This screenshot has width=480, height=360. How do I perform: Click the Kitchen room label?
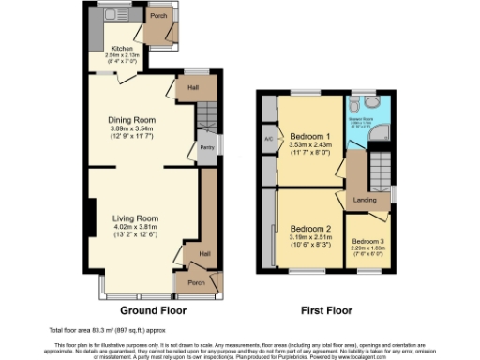click(x=122, y=48)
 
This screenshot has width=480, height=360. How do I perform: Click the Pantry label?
click(x=207, y=148)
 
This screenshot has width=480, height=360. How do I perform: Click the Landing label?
click(x=365, y=199)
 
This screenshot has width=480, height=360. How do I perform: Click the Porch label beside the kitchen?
click(x=158, y=16)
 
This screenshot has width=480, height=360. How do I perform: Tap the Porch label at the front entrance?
click(x=197, y=282)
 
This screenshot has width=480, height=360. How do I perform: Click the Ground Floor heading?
click(x=153, y=310)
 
